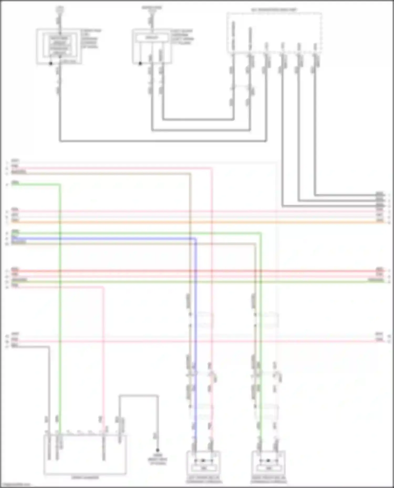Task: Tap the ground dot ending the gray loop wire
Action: tap(158, 450)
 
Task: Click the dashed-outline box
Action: tap(274, 33)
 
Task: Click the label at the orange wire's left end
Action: tap(15, 221)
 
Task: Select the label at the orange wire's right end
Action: tap(380, 221)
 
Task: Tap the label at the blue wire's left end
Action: tap(15, 237)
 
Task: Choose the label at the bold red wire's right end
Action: tap(380, 269)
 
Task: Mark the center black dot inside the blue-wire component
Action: tap(203, 460)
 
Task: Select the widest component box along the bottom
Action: tap(85, 454)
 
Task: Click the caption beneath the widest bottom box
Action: tap(85, 477)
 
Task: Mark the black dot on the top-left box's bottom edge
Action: tap(51, 63)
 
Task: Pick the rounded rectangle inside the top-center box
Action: tap(152, 38)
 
